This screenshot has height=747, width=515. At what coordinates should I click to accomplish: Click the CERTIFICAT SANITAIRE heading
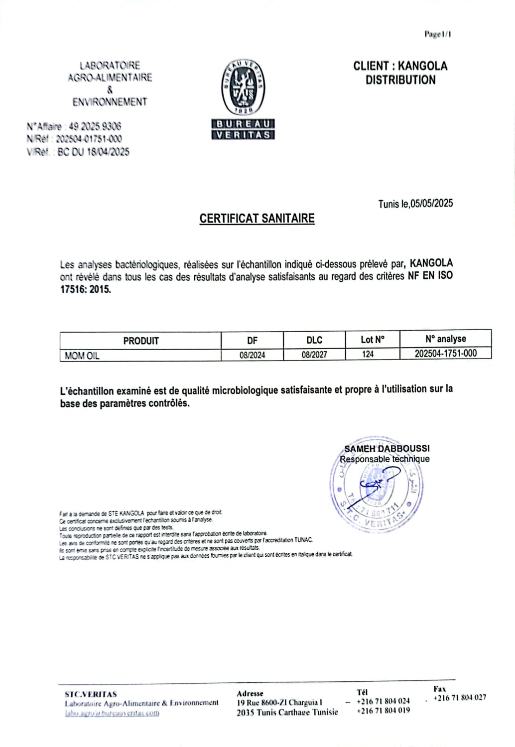257,219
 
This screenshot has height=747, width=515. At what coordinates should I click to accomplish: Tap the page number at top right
438,34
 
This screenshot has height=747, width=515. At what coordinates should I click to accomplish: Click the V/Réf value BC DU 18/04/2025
93,152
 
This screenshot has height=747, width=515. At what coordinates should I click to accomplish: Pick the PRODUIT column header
141,341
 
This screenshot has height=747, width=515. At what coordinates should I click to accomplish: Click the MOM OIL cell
82,356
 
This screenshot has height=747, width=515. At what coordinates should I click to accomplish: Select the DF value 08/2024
252,355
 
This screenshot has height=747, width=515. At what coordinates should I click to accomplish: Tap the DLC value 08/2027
314,355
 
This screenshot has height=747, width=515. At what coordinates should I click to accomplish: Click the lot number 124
368,354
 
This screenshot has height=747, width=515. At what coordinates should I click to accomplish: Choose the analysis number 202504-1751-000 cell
446,353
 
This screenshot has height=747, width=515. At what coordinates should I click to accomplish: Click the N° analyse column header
446,339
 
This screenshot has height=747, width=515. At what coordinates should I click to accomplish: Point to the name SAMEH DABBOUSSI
387,448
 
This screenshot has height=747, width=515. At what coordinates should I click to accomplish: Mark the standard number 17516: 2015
86,289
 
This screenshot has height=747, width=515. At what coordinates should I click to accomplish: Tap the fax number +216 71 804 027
460,698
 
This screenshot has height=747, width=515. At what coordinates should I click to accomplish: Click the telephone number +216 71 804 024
383,701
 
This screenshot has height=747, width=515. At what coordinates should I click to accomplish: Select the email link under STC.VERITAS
112,713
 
